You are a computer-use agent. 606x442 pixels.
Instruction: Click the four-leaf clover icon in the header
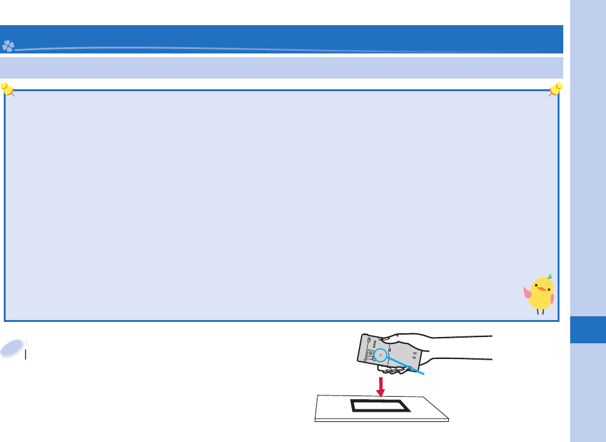pos(8,46)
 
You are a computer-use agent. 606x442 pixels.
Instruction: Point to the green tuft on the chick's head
pos(549,276)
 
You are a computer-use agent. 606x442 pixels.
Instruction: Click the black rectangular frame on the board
pos(380,406)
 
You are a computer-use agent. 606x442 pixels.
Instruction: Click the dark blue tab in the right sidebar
pos(588,330)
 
